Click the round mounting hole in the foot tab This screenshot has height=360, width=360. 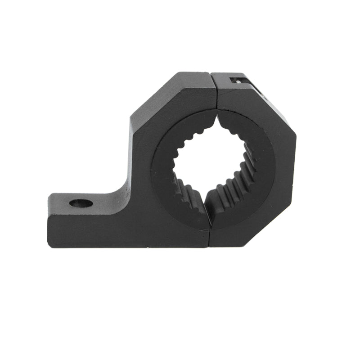(81, 203)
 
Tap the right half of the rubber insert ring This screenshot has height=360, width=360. (259, 166)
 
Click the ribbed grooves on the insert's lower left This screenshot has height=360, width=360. (187, 196)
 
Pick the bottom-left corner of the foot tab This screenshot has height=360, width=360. (49, 245)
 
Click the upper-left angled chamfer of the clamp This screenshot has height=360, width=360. (155, 94)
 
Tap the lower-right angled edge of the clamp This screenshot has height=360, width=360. (274, 225)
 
